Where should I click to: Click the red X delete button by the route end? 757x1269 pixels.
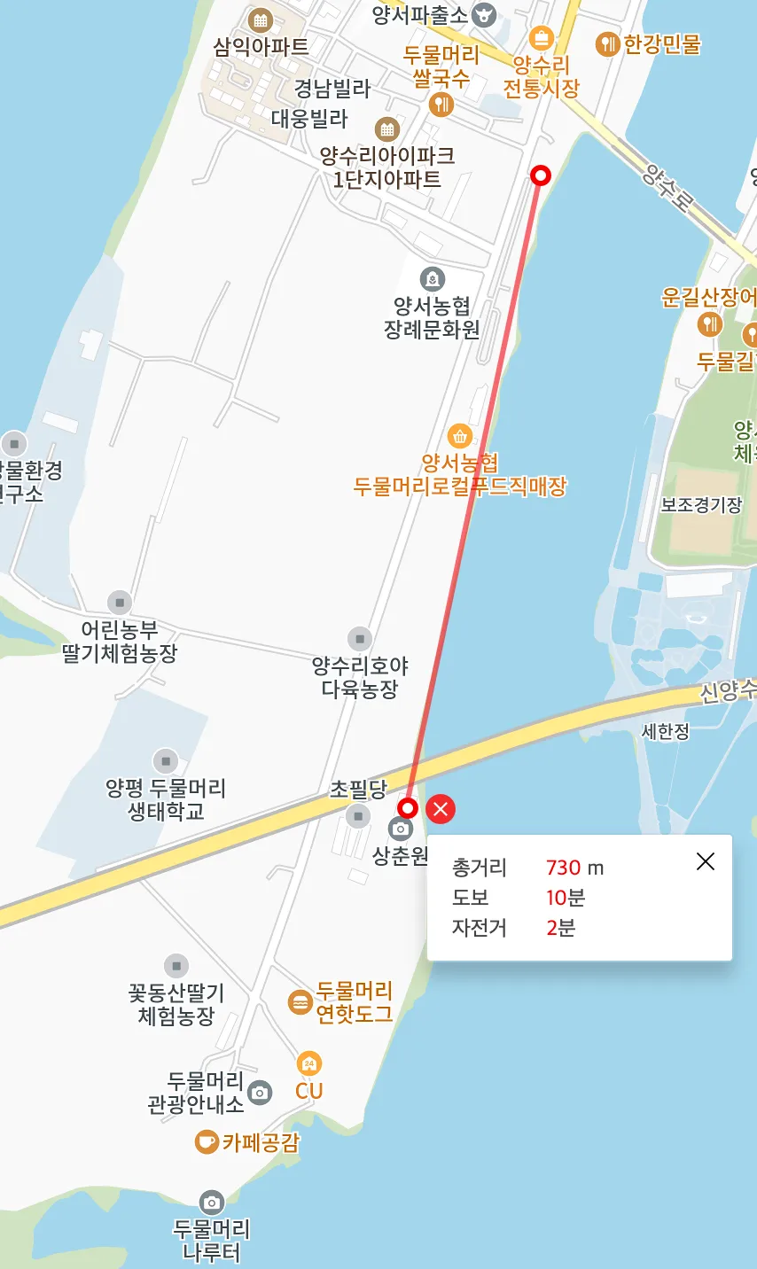click(441, 808)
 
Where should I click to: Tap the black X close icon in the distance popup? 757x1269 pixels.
click(706, 861)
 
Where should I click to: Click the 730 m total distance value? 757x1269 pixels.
click(574, 868)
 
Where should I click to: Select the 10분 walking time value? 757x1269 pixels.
click(566, 898)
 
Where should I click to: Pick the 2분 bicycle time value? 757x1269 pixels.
click(560, 928)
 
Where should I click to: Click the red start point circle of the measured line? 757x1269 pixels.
click(540, 175)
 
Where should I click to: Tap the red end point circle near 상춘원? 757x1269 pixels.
click(408, 808)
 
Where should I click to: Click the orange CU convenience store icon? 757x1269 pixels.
click(308, 1063)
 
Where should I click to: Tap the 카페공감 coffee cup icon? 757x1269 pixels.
click(207, 1141)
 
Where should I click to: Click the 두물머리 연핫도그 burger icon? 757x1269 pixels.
click(300, 1002)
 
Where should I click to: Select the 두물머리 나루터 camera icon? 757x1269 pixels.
click(211, 1203)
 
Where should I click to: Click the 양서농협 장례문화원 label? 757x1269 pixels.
click(432, 317)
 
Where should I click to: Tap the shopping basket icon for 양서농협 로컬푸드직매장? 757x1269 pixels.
click(459, 436)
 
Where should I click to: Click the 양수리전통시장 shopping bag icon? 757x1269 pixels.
click(541, 39)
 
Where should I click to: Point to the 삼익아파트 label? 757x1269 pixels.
click(261, 46)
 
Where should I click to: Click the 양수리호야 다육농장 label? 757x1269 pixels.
click(360, 676)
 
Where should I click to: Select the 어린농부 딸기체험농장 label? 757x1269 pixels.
click(120, 642)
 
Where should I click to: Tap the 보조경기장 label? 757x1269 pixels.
click(701, 504)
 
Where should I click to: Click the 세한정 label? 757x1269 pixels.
click(666, 732)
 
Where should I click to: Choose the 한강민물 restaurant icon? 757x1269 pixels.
click(607, 43)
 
